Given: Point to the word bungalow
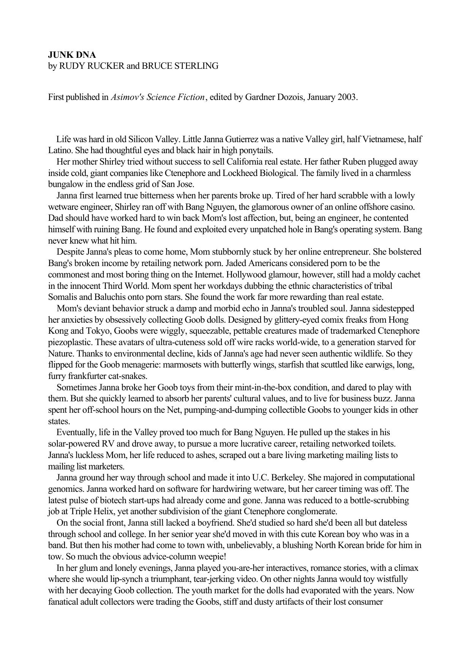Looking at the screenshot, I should click(66, 185).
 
